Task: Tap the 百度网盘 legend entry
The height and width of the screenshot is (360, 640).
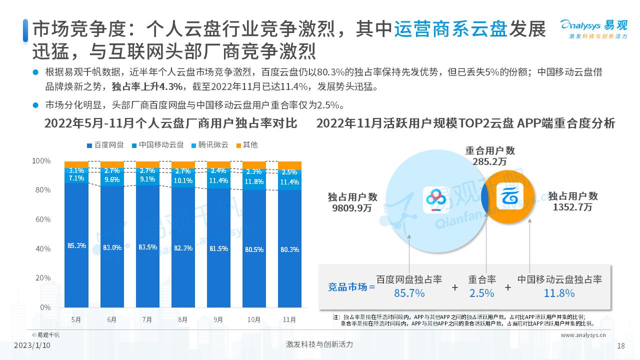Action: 105,145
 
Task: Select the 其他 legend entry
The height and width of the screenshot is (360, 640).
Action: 247,145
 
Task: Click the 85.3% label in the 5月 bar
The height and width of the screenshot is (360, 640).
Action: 76,245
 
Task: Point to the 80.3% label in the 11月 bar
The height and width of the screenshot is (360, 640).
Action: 290,249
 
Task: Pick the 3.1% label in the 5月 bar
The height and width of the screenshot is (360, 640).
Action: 76,170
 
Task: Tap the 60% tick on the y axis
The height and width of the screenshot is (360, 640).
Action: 41,219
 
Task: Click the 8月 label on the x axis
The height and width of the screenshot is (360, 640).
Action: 183,319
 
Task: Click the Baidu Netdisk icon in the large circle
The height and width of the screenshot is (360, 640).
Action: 438,200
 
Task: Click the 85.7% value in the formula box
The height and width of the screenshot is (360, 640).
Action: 409,293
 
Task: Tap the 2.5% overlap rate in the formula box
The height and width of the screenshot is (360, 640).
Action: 481,293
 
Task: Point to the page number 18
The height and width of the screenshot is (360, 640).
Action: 621,345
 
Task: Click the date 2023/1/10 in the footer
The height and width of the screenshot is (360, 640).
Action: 32,345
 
